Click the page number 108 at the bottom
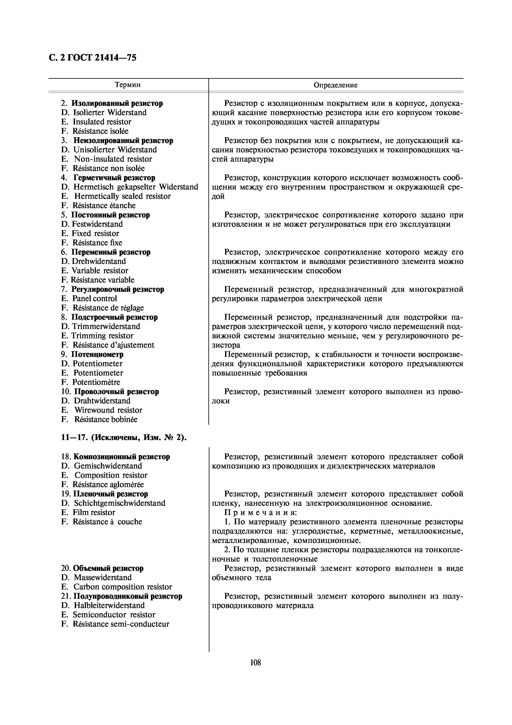point(255,662)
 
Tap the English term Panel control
point(94,298)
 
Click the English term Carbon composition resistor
point(123,587)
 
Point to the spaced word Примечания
point(260,513)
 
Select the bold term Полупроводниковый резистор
point(128,596)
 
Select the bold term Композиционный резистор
point(121,457)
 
